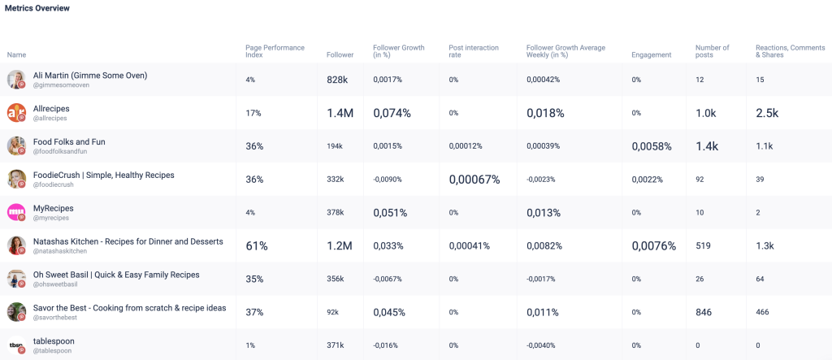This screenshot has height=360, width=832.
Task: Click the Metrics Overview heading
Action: pyautogui.click(x=37, y=8)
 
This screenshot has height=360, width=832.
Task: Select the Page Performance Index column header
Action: pyautogui.click(x=275, y=51)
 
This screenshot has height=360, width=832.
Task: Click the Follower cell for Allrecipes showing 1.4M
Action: pyautogui.click(x=340, y=113)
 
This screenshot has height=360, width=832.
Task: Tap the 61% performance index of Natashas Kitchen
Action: pyautogui.click(x=257, y=245)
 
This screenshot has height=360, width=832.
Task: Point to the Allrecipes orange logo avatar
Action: pyautogui.click(x=16, y=113)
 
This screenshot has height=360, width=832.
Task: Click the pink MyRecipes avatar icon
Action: pyautogui.click(x=16, y=212)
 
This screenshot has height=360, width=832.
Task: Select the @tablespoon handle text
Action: pyautogui.click(x=52, y=351)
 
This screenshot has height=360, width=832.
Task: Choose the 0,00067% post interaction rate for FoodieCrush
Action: pyautogui.click(x=474, y=180)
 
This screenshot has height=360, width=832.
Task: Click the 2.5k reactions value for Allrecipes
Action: pyautogui.click(x=767, y=113)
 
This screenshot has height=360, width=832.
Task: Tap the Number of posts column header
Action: pyautogui.click(x=712, y=51)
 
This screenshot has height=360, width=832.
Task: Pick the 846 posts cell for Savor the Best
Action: pyautogui.click(x=706, y=312)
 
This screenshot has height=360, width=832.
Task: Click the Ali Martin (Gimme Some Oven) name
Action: pyautogui.click(x=90, y=76)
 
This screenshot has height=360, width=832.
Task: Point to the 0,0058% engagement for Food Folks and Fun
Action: pyautogui.click(x=652, y=146)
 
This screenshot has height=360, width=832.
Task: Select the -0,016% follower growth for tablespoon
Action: pyautogui.click(x=387, y=345)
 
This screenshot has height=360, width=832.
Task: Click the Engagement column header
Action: pyautogui.click(x=651, y=55)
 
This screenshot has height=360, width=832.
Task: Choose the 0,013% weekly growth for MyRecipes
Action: pyautogui.click(x=544, y=213)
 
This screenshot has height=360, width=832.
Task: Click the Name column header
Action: pyautogui.click(x=16, y=55)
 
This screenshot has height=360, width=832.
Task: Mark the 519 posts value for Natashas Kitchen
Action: pyautogui.click(x=704, y=245)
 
